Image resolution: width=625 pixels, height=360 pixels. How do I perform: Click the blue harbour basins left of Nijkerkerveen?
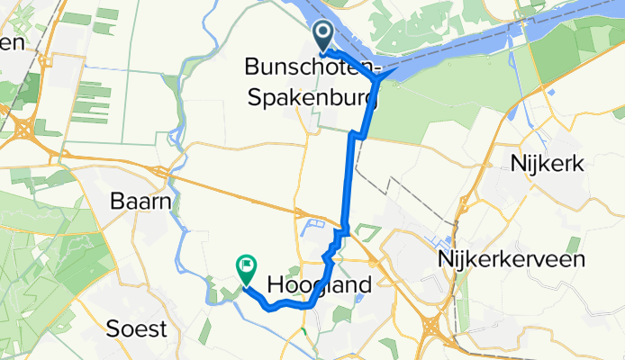[x=443, y=243]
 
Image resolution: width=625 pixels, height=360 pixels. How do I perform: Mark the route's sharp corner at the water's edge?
[x=385, y=77]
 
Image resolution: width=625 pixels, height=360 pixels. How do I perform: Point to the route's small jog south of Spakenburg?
[x=358, y=135]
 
